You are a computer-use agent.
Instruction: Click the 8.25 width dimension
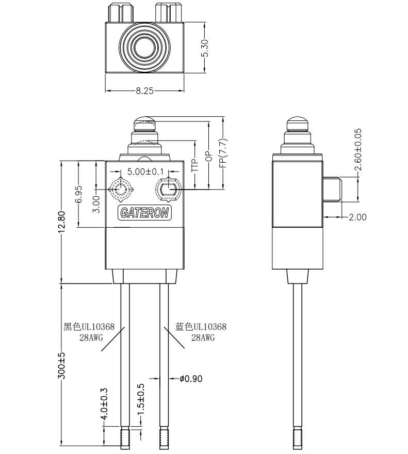click(144, 91)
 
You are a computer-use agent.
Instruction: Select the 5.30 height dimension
click(205, 48)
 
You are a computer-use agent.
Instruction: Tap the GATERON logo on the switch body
click(145, 213)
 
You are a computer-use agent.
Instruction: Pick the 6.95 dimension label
click(78, 194)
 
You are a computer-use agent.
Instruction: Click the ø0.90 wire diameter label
click(191, 379)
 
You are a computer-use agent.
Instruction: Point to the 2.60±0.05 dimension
click(358, 150)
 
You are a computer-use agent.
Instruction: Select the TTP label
click(194, 164)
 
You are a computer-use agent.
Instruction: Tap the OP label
click(208, 156)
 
